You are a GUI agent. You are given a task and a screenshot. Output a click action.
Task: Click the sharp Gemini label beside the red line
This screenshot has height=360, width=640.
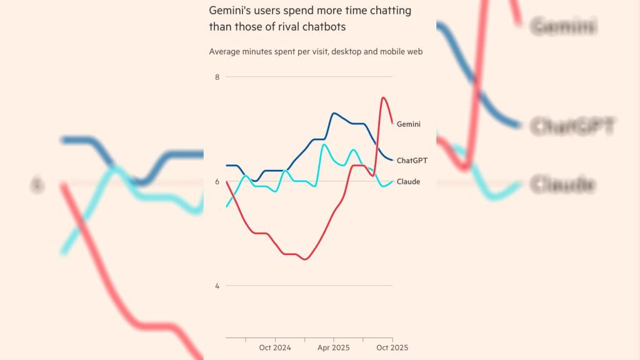click(x=409, y=124)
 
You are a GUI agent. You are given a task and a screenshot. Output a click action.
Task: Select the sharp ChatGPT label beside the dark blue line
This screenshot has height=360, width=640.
click(x=412, y=161)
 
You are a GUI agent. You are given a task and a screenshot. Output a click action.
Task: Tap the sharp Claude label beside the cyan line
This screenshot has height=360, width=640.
click(x=408, y=182)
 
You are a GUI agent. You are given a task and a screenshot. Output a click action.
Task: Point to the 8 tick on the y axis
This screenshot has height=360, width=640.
click(x=217, y=77)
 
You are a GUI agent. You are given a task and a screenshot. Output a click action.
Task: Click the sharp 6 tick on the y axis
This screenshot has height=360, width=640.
click(x=217, y=182)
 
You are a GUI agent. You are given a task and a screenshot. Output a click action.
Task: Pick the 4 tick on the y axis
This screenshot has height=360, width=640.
click(x=217, y=286)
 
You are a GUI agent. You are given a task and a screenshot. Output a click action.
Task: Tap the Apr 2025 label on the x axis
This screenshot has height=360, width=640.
click(x=333, y=347)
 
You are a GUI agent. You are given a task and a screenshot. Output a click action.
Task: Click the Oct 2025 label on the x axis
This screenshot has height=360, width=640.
click(x=392, y=347)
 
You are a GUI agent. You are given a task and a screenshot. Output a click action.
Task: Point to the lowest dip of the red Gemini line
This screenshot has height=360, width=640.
click(x=304, y=259)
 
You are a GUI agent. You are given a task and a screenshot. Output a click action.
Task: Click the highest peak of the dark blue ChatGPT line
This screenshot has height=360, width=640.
click(x=334, y=113)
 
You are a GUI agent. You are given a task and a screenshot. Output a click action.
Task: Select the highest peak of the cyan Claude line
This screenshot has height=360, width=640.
click(x=324, y=144)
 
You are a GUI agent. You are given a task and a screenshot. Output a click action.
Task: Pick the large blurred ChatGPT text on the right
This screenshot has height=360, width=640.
click(x=572, y=126)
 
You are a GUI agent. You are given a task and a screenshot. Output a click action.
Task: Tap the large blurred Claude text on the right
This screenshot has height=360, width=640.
click(x=562, y=185)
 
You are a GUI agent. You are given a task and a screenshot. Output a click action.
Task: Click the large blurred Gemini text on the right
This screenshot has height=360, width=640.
click(x=563, y=26)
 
